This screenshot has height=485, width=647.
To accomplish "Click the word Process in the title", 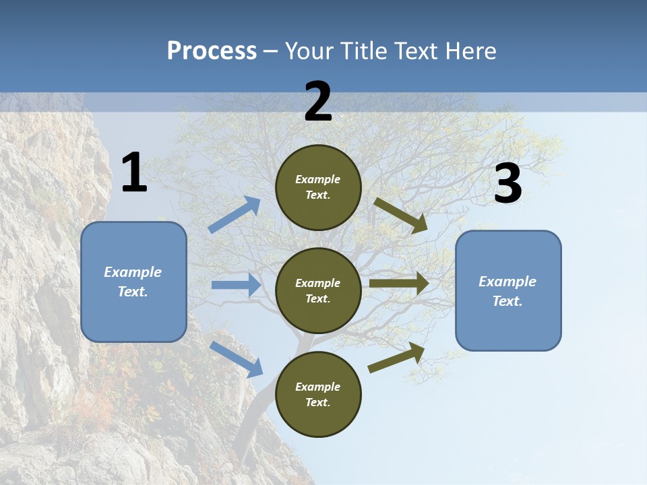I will (x=212, y=51).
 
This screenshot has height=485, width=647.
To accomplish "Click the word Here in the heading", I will (x=470, y=51).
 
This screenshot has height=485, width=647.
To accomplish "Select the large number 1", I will (x=134, y=174).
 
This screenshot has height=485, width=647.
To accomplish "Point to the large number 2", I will (x=318, y=102).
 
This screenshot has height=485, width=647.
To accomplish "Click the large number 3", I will (x=507, y=184).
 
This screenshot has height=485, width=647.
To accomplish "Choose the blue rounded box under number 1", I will (x=133, y=282).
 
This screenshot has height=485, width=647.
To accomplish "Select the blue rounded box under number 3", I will (x=508, y=290).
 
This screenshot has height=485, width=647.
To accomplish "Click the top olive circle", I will (x=318, y=187).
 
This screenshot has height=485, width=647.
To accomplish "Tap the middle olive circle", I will (x=318, y=290).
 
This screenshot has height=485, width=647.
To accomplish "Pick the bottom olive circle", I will (x=318, y=394).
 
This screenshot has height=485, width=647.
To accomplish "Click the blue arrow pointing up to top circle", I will (x=235, y=215).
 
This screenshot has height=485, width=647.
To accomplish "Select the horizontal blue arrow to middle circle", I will (x=236, y=285).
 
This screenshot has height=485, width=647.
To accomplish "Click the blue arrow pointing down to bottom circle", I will (x=236, y=358).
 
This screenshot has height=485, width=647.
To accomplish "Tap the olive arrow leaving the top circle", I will (x=401, y=216).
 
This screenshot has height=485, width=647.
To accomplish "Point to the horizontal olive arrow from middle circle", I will (x=399, y=284).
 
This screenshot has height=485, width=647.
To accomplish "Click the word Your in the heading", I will (x=309, y=51).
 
